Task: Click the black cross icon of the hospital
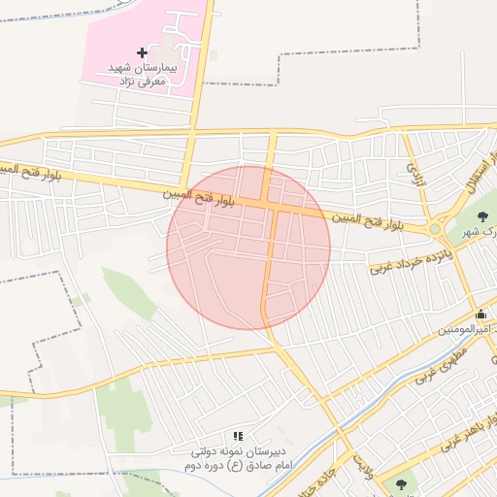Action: click(142, 51)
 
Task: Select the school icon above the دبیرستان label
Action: click(238, 436)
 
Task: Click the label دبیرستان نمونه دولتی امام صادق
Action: click(242, 459)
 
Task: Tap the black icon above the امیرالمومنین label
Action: click(481, 314)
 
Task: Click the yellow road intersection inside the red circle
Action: click(273, 203)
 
